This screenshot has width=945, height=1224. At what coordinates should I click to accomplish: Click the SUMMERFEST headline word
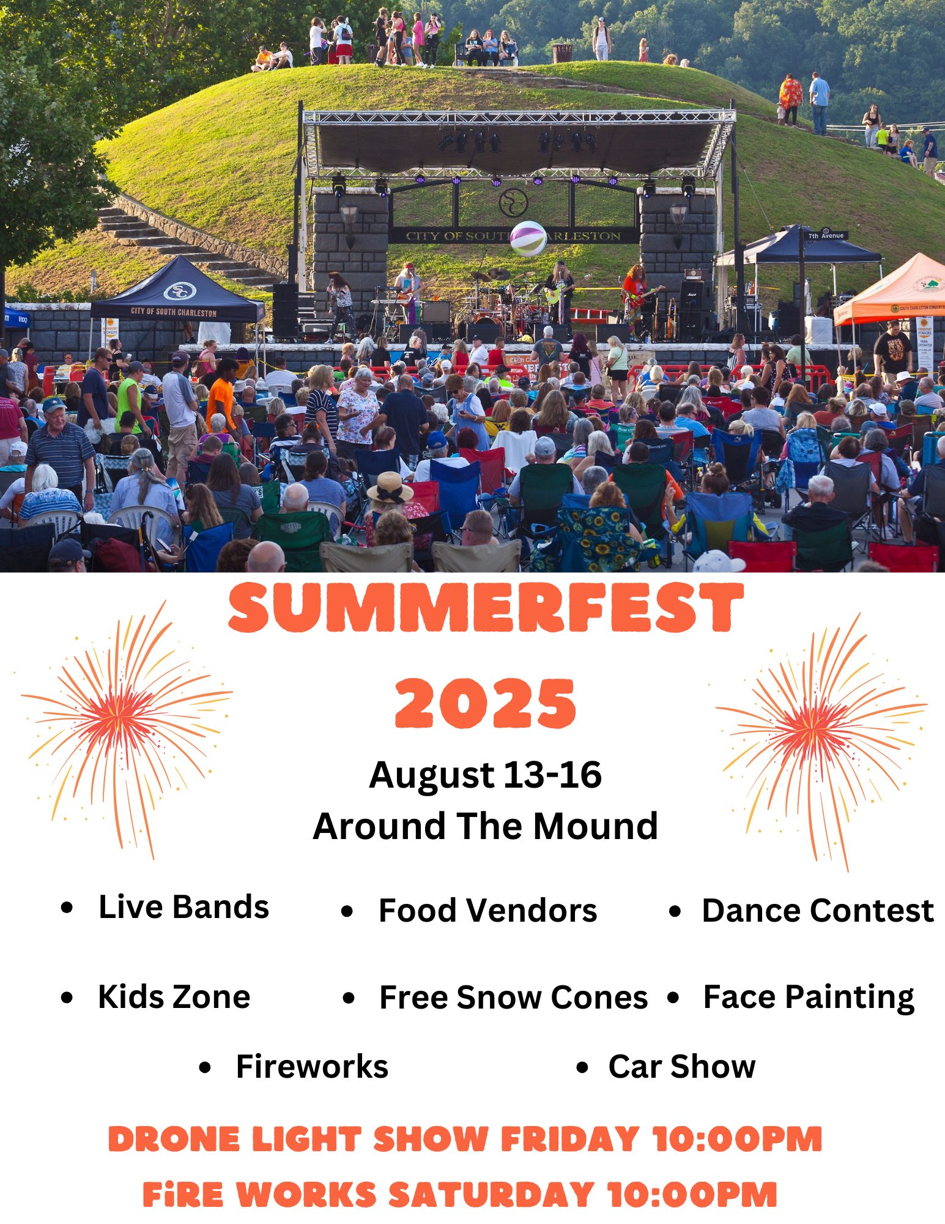[486, 607]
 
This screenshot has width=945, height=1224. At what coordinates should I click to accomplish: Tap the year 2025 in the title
[486, 703]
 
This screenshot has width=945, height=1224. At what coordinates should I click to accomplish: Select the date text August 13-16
[485, 775]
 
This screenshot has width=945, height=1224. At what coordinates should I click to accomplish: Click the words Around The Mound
[485, 826]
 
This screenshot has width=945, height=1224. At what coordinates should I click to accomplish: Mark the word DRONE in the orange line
[174, 1140]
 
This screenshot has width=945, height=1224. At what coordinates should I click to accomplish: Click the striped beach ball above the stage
[528, 238]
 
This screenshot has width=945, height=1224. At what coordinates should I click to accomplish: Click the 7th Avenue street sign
[826, 235]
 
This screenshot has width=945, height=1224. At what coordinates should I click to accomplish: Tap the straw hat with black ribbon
[390, 488]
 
